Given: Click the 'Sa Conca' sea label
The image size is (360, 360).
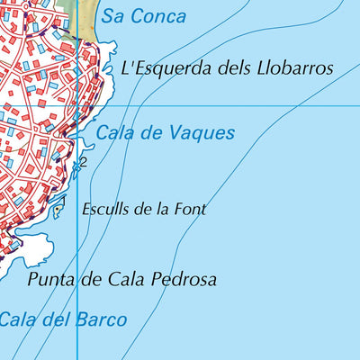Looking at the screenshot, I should pos(143,16).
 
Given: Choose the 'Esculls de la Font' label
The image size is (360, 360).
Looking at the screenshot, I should pos(143,209).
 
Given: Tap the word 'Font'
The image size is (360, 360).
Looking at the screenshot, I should pos(191,209).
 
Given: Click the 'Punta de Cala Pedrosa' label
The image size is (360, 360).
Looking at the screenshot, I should pos(122,279).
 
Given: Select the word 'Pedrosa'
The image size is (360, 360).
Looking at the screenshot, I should pos(184,279).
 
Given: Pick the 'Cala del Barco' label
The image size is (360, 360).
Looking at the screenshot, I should pos(63,319).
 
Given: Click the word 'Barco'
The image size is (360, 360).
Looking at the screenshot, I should pos(101,319).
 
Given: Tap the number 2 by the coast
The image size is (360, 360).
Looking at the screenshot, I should pos(83,162).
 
